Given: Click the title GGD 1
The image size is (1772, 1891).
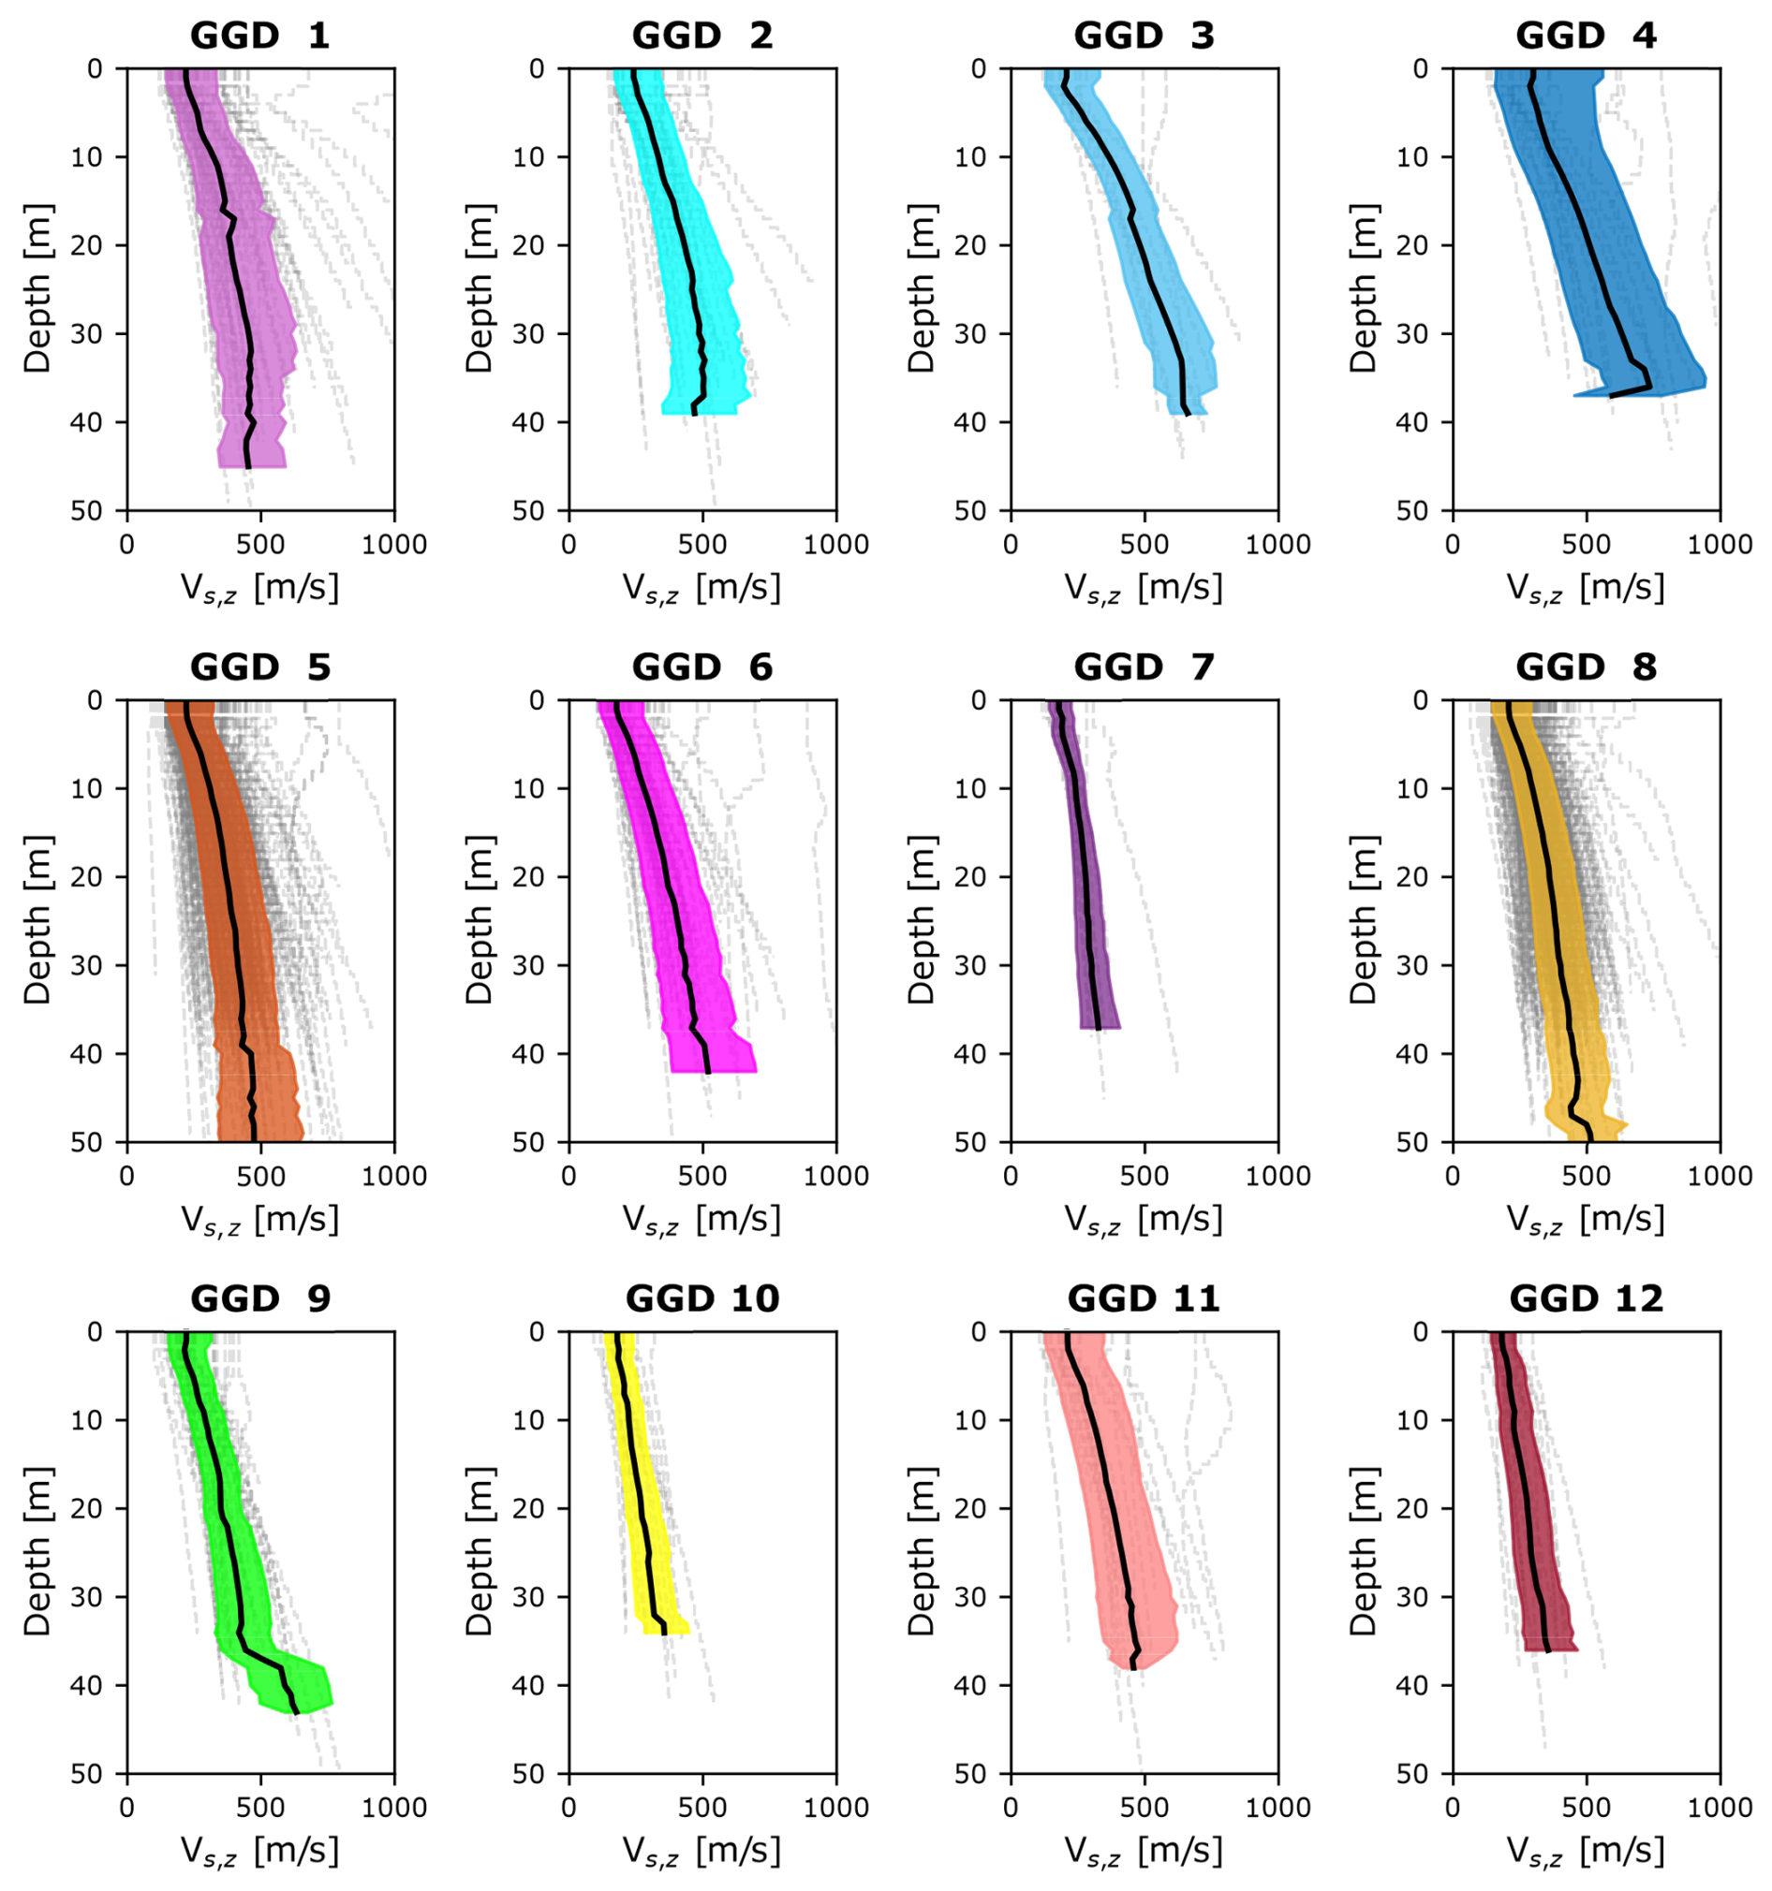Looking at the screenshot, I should coord(258,37).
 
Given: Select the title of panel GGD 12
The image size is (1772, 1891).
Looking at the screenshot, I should coord(1586,1299).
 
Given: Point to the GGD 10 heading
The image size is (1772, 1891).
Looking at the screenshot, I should coord(701,1299).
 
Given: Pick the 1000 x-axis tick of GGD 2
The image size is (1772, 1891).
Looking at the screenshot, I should coord(835,545).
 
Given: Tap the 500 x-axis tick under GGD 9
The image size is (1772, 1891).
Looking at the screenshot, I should coord(259,1809).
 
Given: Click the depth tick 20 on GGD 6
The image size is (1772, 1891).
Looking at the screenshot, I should coord(528,877).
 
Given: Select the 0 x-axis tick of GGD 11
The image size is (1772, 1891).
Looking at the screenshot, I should coord(1011,1809).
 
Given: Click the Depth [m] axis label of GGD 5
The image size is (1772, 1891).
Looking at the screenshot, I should coord(37,920).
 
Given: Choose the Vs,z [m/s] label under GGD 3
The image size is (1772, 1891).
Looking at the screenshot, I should coord(1143,589).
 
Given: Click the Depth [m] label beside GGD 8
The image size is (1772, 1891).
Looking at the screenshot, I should coord(1363,920).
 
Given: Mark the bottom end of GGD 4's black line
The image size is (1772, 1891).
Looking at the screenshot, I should coord(1611,396).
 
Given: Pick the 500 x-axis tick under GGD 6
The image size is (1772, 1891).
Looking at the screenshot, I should coord(702,1177).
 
